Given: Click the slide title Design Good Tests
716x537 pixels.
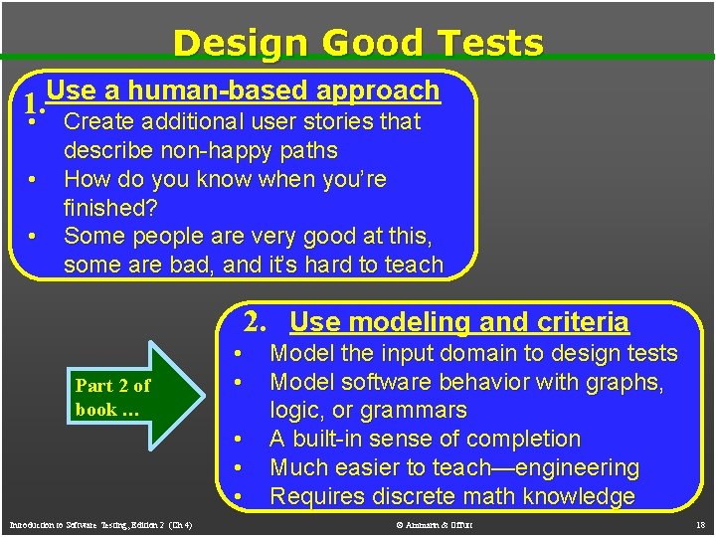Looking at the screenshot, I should (358, 43).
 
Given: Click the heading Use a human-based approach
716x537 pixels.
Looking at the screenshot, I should (243, 90).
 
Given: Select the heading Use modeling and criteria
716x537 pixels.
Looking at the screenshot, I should (459, 321).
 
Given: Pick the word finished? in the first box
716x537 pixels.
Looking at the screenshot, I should (109, 208).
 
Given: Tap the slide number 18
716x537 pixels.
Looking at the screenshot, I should (699, 524).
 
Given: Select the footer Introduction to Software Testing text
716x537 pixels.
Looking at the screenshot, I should (99, 524).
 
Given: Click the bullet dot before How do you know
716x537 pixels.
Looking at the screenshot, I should (33, 180).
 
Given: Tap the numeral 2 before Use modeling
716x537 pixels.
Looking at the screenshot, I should (256, 321).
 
